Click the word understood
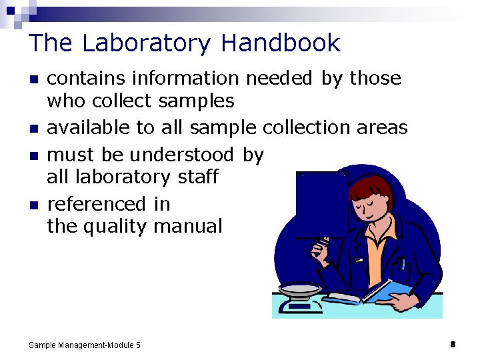(182, 155)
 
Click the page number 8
(453, 345)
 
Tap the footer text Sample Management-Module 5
(85, 345)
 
